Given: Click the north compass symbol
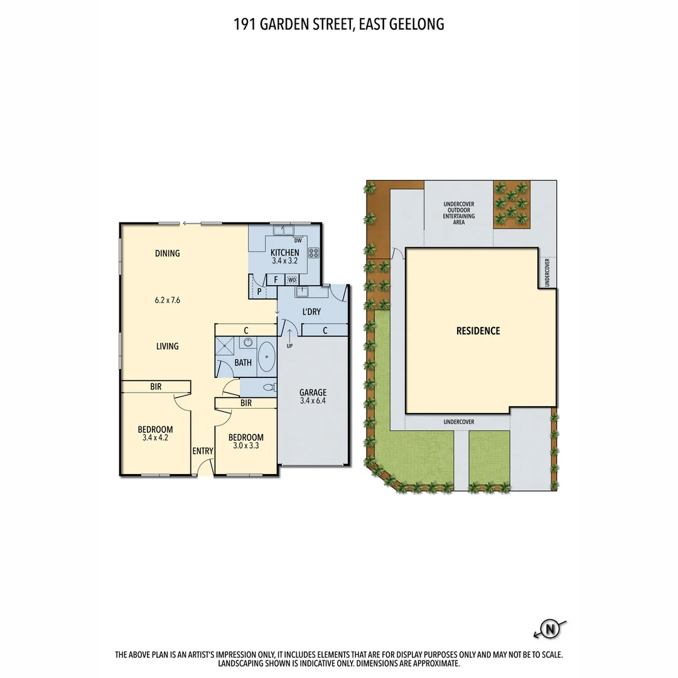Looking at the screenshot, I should (x=551, y=628).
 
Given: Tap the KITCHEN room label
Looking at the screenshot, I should (x=285, y=252).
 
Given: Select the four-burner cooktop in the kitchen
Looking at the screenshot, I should (x=313, y=254).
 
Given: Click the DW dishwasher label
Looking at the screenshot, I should (x=298, y=240).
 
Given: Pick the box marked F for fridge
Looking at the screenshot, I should (x=276, y=280).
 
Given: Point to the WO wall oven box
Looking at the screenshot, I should (x=292, y=280).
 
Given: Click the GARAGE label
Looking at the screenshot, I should (x=313, y=392).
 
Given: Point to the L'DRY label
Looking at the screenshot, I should (x=311, y=311).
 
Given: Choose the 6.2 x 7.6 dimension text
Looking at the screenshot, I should (x=168, y=300).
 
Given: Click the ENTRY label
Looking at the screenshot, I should (x=203, y=451).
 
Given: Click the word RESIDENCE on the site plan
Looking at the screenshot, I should (x=478, y=331).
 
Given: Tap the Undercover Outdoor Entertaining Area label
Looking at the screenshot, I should (x=458, y=213).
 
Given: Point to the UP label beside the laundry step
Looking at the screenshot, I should (x=289, y=346).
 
